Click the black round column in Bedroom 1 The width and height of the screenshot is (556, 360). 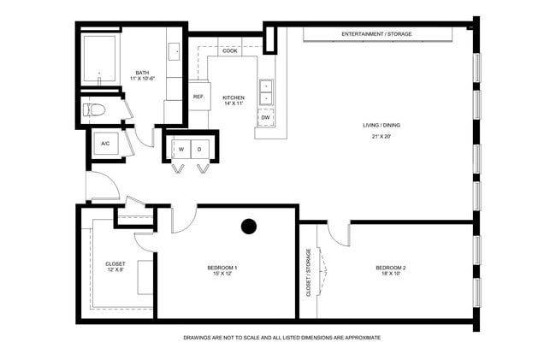click(249, 227)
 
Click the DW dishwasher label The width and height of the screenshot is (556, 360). click(265, 117)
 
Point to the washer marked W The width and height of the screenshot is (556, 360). click(181, 149)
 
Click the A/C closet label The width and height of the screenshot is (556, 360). click(105, 144)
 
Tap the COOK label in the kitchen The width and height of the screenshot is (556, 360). click(230, 51)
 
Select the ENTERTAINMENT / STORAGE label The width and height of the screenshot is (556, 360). click(376, 34)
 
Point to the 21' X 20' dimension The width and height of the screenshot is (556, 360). click(381, 137)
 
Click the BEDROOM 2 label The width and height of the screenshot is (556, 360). click(390, 268)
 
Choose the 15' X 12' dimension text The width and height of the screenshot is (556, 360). click(222, 274)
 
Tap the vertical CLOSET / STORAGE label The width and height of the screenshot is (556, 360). click(309, 272)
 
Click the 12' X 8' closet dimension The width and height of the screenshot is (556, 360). click(115, 270)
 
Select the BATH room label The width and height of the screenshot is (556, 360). click(143, 73)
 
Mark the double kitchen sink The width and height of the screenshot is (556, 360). click(266, 92)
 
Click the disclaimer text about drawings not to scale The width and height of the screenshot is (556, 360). click(281, 338)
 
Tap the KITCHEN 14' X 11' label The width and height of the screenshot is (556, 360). click(234, 101)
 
